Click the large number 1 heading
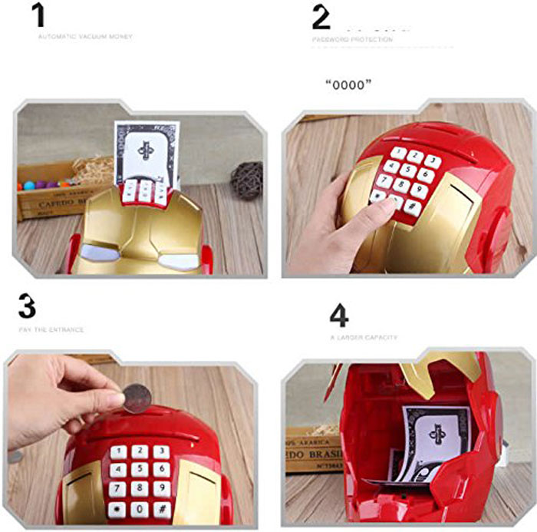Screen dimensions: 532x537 click(39, 15)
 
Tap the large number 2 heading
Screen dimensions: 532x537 click(321, 17)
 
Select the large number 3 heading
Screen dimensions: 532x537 click(27, 307)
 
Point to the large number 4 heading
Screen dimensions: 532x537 click(339, 315)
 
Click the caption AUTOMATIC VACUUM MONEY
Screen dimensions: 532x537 click(84, 36)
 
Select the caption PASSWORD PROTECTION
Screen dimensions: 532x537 click(351, 39)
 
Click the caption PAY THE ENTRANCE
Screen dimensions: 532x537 click(51, 330)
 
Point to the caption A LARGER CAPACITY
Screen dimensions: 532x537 click(364, 337)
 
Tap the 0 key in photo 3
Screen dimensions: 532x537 click(139, 508)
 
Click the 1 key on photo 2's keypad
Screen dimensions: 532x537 click(398, 153)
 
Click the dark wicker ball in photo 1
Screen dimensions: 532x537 click(246, 180)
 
